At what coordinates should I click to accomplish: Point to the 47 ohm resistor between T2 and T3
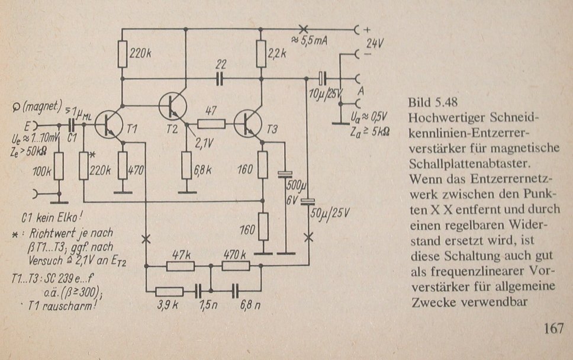211,124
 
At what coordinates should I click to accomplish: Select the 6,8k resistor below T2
187,165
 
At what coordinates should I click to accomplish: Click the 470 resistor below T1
123,165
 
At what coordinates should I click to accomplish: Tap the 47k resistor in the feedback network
180,266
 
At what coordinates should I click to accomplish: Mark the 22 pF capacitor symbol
221,78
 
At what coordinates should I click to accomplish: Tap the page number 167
552,327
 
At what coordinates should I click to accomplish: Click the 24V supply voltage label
375,43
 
